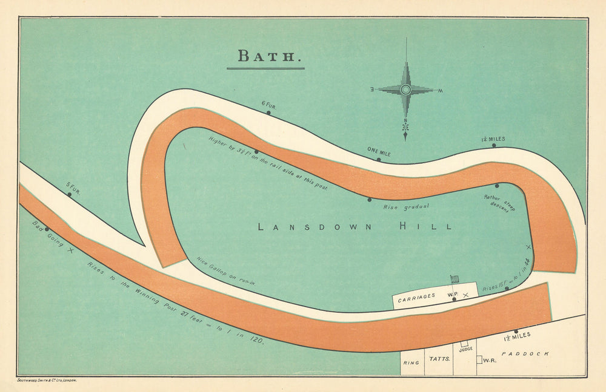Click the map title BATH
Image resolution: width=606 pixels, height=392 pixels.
pyautogui.click(x=266, y=56)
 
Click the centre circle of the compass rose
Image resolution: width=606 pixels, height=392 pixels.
pyautogui.click(x=405, y=90)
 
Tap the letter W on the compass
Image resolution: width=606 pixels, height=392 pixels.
pyautogui.click(x=440, y=91)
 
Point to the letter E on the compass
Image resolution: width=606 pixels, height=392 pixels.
pyautogui.click(x=372, y=90)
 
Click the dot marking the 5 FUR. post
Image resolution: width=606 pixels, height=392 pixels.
pyautogui.click(x=69, y=194)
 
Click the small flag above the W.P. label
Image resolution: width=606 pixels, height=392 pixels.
pyautogui.click(x=454, y=279)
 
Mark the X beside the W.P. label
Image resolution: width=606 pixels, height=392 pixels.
pyautogui.click(x=465, y=295)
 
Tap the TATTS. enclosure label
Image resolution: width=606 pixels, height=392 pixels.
pyautogui.click(x=439, y=359)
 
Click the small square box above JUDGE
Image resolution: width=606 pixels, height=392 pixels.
pyautogui.click(x=464, y=343)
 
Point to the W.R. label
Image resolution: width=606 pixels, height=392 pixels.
pyautogui.click(x=490, y=361)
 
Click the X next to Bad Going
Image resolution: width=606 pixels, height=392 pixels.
pyautogui.click(x=70, y=250)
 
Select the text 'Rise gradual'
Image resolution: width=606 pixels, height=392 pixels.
pyautogui.click(x=406, y=206)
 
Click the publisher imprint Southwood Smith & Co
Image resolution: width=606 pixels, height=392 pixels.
pyautogui.click(x=47, y=381)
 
